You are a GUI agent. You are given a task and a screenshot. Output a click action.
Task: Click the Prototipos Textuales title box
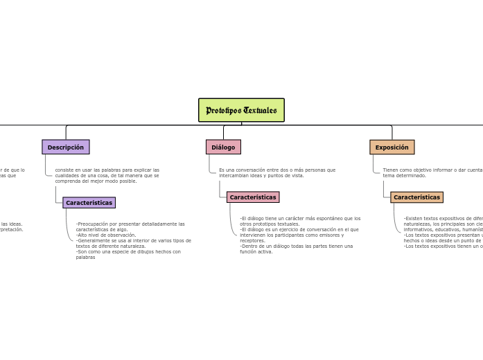click(241, 110)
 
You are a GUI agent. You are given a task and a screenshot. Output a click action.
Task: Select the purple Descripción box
click(66, 147)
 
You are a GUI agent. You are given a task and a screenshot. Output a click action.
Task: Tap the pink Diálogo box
click(223, 147)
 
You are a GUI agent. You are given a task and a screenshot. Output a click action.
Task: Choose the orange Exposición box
click(392, 147)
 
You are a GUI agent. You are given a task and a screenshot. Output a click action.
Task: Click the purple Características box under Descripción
click(89, 203)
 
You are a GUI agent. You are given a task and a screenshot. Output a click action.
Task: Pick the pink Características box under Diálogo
click(253, 197)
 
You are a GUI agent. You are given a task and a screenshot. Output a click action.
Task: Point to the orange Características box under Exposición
click(416, 197)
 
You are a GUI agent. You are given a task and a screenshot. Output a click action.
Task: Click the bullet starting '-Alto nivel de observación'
click(107, 235)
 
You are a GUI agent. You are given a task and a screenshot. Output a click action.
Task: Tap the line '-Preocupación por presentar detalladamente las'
click(130, 224)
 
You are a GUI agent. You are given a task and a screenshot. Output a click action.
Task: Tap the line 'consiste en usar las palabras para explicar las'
click(107, 170)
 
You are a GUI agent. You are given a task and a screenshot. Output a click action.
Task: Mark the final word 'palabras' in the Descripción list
click(85, 257)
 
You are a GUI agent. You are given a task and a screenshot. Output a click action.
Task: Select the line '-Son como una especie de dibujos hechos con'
click(128, 251)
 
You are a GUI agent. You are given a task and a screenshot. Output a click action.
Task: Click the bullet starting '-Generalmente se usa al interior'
click(133, 240)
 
